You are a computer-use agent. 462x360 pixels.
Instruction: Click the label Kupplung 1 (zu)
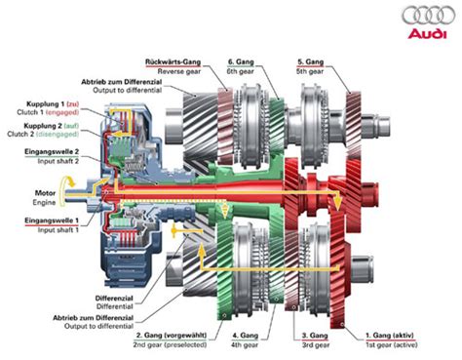(49, 102)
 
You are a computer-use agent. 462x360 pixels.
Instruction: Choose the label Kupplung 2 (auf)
(49, 126)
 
